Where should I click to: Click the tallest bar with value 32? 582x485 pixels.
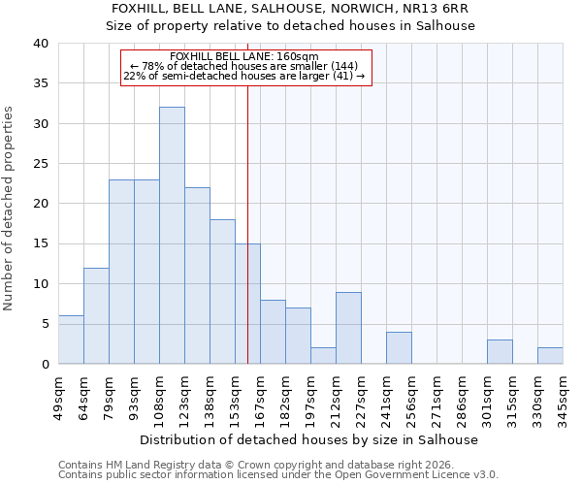click(172, 236)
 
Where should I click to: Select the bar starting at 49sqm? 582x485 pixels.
click(71, 339)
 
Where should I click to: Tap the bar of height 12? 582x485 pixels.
click(96, 316)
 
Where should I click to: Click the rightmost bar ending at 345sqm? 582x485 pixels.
click(550, 356)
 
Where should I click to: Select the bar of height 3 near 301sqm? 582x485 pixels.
click(500, 352)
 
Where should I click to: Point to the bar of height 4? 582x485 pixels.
click(399, 348)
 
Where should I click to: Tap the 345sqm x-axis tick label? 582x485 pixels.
click(563, 398)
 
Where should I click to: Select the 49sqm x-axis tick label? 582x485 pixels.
click(58, 396)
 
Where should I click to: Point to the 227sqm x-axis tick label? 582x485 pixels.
click(361, 398)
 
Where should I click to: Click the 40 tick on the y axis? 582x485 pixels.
click(40, 44)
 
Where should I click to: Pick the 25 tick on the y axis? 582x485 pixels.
click(40, 164)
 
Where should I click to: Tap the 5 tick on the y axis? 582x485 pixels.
click(44, 324)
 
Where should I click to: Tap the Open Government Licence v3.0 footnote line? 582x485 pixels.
click(278, 475)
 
